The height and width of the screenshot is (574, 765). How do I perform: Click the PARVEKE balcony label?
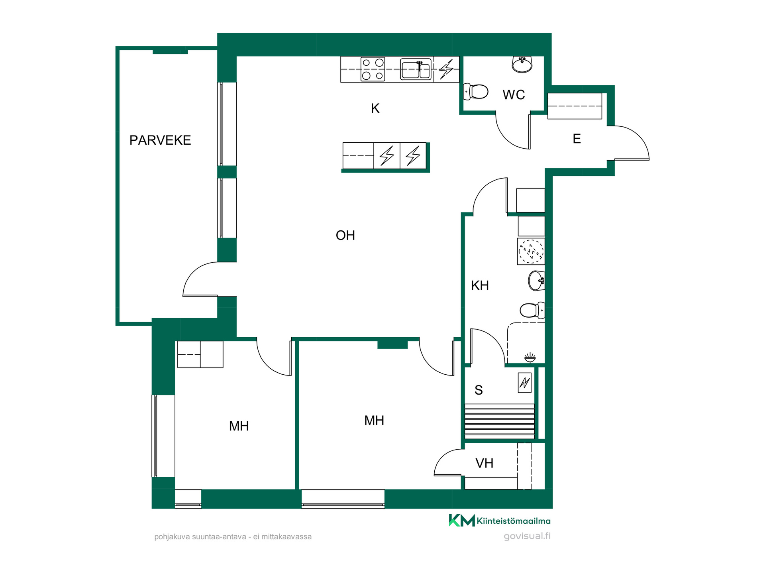pyautogui.click(x=160, y=140)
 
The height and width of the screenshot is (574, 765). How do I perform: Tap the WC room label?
pyautogui.click(x=514, y=95)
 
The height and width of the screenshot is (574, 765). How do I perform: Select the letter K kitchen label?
pyautogui.click(x=375, y=108)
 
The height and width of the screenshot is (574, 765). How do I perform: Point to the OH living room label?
pyautogui.click(x=345, y=235)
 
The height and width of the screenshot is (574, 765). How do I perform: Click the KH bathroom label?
pyautogui.click(x=480, y=285)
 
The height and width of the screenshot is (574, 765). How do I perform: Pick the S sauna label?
pyautogui.click(x=479, y=390)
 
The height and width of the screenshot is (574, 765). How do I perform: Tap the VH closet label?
pyautogui.click(x=484, y=463)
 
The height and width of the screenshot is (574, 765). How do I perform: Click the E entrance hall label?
pyautogui.click(x=577, y=139)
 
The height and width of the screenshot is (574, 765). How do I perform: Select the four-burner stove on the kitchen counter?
pyautogui.click(x=373, y=69)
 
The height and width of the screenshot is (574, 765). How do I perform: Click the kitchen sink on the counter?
pyautogui.click(x=416, y=69)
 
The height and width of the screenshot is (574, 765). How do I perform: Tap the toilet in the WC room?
pyautogui.click(x=476, y=92)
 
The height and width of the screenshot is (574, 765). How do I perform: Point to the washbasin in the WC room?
pyautogui.click(x=522, y=65)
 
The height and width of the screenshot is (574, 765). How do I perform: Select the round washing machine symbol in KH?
pyautogui.click(x=531, y=252)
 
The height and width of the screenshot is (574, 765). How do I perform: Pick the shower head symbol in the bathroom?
pyautogui.click(x=530, y=358)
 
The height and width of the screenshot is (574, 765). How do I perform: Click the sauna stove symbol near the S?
pyautogui.click(x=525, y=383)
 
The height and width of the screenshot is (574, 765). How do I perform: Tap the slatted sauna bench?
pyautogui.click(x=500, y=421)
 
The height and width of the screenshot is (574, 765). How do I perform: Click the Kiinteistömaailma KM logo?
pyautogui.click(x=500, y=520)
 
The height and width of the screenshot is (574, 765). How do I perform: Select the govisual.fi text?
pyautogui.click(x=527, y=536)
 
